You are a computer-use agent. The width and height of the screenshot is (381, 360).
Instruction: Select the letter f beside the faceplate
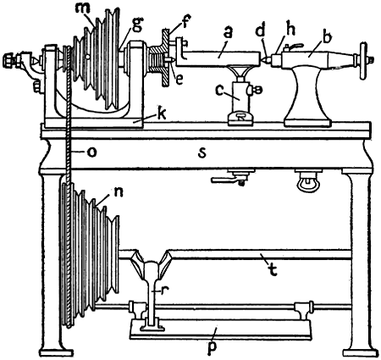point(186,20)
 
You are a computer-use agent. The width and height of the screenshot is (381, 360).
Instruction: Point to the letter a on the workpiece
point(228,33)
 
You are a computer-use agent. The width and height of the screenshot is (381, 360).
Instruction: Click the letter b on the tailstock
point(327,36)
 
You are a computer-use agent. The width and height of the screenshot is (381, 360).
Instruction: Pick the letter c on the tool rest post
point(219,91)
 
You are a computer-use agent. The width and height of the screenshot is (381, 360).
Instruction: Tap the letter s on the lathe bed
point(202,152)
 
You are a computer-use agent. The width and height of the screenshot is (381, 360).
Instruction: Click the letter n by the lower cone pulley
point(119,192)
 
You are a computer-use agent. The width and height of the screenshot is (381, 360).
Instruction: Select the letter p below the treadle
point(212,349)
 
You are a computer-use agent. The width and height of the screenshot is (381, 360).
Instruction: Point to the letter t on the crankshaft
point(272,270)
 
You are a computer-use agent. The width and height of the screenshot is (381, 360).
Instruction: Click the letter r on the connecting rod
point(163,291)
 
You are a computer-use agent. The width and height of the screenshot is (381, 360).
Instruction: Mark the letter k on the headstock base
point(162,114)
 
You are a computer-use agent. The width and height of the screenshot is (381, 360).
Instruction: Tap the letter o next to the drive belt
point(92,152)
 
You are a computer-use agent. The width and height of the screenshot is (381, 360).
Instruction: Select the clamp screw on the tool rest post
point(256,90)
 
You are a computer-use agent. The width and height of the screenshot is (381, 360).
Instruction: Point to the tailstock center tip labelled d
point(264,59)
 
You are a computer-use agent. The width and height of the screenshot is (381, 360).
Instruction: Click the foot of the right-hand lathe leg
point(361,352)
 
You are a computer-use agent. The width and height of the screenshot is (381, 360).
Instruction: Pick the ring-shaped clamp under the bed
point(308,182)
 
